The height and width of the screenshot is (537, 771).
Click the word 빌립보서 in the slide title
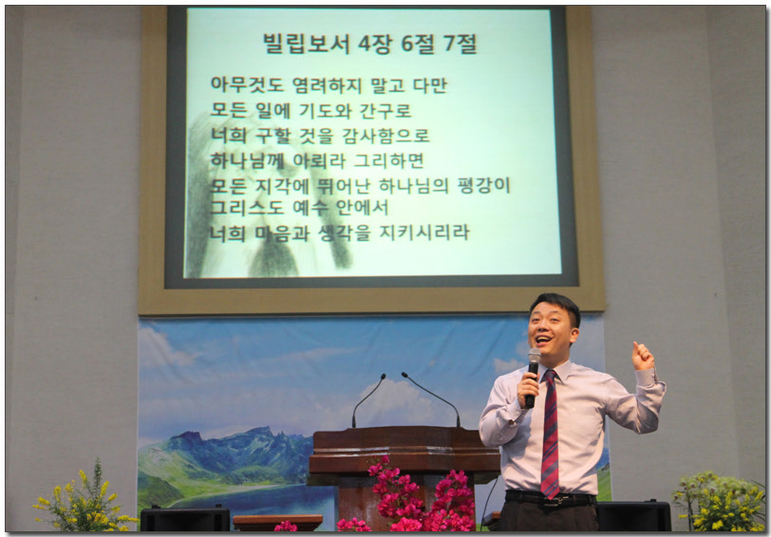(306, 44)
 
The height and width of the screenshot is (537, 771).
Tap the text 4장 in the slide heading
(375, 44)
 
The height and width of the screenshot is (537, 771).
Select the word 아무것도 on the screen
(247, 84)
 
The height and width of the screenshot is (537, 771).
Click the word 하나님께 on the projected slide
(247, 160)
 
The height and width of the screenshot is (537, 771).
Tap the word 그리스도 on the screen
(247, 207)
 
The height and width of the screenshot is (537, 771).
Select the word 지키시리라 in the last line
(424, 231)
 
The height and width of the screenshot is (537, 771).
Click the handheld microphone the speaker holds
(532, 377)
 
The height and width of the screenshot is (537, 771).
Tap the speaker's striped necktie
(550, 434)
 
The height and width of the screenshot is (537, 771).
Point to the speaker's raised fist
(643, 356)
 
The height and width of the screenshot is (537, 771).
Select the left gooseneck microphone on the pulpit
(367, 398)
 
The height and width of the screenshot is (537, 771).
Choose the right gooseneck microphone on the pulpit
(433, 398)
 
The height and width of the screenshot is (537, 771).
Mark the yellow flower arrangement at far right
(719, 501)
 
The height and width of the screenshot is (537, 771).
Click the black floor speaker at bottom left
(185, 519)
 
